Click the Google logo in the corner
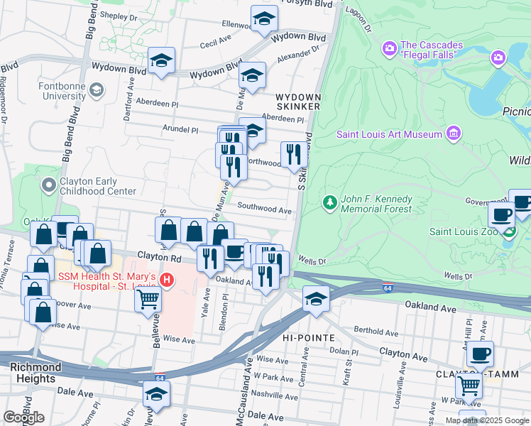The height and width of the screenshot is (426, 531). pos(23,417)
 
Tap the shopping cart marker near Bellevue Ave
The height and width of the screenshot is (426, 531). pos(148,298)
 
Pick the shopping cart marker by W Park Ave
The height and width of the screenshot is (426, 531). pos(469,386)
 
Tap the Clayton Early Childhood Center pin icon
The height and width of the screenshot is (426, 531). pos(48,186)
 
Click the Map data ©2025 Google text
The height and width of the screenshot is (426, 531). pos(487,420)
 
